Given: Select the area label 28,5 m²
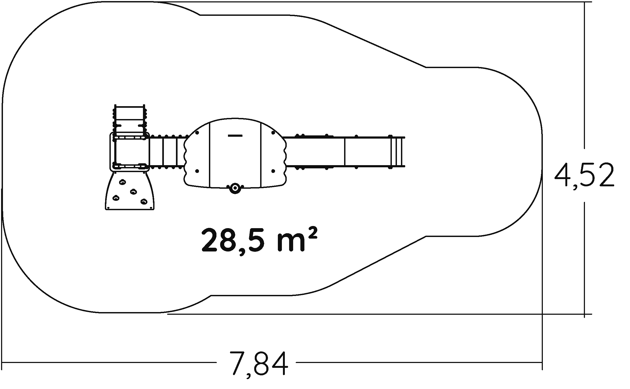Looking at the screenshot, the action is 260,240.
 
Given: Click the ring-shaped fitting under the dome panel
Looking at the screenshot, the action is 235,188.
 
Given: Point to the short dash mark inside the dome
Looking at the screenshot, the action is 235,136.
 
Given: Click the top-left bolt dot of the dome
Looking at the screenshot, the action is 197,132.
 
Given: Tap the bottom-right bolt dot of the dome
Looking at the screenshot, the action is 273,171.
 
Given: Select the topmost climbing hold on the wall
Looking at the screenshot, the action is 122,182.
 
